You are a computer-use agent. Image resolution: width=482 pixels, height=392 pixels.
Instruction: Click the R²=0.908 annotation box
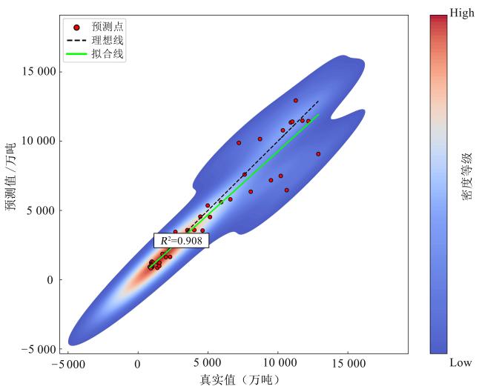coord(181,240)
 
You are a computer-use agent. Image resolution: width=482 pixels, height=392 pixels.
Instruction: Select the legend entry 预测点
coord(107,27)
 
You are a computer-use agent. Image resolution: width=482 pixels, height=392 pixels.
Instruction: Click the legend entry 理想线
coord(107,40)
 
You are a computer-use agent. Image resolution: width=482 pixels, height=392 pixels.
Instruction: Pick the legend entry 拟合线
coord(107,54)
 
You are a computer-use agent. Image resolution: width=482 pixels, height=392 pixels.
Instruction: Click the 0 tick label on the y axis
coord(50,280)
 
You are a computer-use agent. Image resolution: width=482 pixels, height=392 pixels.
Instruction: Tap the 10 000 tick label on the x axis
coord(277,364)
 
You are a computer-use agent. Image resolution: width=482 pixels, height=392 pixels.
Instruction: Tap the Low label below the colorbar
coord(460,362)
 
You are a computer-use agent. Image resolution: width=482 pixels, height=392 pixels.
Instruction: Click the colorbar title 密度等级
coord(467,177)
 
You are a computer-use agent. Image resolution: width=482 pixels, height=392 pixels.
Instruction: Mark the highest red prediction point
coord(295,100)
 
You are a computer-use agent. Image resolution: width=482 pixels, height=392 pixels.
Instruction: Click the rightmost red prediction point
coord(318,154)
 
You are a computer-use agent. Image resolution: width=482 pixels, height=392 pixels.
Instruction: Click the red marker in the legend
coord(76,27)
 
